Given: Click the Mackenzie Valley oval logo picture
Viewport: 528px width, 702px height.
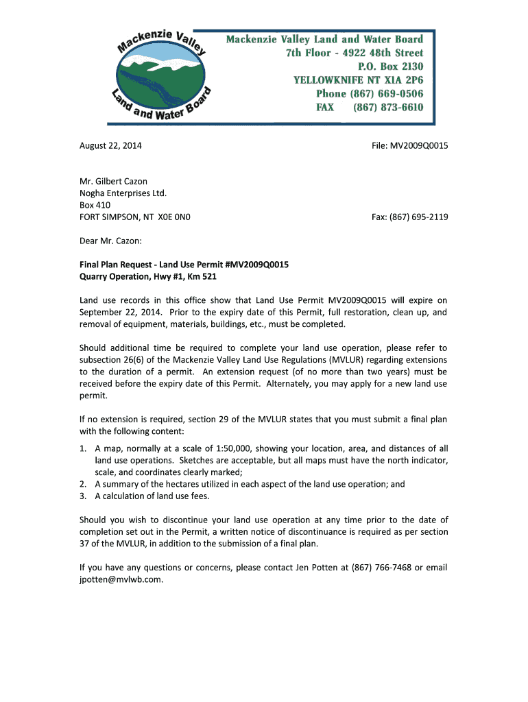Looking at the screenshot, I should [x=162, y=77].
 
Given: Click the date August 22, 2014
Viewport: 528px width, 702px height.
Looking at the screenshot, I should [x=111, y=146].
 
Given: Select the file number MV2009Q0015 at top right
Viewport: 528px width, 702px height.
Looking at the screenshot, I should [x=418, y=146].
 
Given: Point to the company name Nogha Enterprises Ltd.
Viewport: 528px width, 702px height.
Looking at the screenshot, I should [x=123, y=193].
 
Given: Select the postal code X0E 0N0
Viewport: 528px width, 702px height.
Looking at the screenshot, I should [x=174, y=217].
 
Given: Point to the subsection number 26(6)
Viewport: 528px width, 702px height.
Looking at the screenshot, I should [x=139, y=360].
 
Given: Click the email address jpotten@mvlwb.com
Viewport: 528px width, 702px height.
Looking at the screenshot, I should [x=121, y=579].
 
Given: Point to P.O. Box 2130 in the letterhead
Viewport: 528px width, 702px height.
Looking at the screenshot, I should [x=390, y=66].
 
